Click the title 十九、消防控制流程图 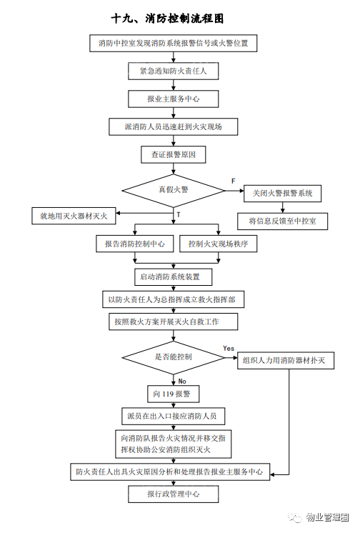click(167, 19)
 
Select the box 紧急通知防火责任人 click(174, 71)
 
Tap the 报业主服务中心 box click(174, 99)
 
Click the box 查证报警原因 click(174, 154)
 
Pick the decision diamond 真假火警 click(174, 190)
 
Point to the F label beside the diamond click(233, 181)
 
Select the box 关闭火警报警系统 click(282, 194)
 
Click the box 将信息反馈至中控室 click(282, 221)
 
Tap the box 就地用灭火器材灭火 click(74, 216)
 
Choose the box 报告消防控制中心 click(135, 244)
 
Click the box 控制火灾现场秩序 click(219, 244)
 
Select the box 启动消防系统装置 click(174, 277)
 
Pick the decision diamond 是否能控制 click(174, 358)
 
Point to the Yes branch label click(229, 349)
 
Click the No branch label click(182, 382)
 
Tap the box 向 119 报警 click(174, 394)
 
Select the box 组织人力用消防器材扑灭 click(286, 360)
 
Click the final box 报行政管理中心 click(174, 494)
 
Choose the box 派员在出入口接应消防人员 click(174, 416)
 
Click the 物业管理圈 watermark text click(327, 517)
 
